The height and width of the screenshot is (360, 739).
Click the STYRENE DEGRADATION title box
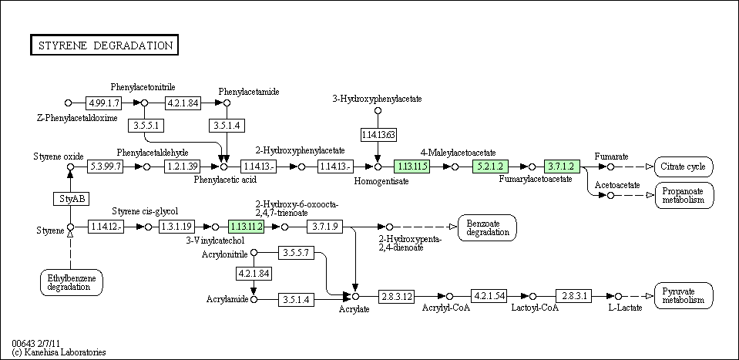104,45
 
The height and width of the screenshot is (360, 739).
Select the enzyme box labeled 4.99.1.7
104,103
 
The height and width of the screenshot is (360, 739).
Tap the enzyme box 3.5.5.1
145,125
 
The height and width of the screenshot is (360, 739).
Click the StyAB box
70,199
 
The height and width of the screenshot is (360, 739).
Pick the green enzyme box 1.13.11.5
411,166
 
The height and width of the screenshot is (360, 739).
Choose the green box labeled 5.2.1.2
490,166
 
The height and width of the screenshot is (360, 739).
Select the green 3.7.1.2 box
561,166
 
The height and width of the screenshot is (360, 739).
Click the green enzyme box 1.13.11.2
247,227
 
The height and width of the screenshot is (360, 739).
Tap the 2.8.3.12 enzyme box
398,297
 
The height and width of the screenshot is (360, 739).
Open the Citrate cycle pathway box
684,167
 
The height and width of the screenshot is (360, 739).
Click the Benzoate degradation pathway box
487,227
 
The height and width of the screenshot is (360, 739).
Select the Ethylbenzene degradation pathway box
71,282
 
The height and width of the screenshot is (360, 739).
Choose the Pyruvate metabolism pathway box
684,296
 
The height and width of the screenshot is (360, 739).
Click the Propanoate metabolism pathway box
684,195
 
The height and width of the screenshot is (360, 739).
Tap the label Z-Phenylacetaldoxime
77,118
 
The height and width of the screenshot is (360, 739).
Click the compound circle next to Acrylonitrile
254,253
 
